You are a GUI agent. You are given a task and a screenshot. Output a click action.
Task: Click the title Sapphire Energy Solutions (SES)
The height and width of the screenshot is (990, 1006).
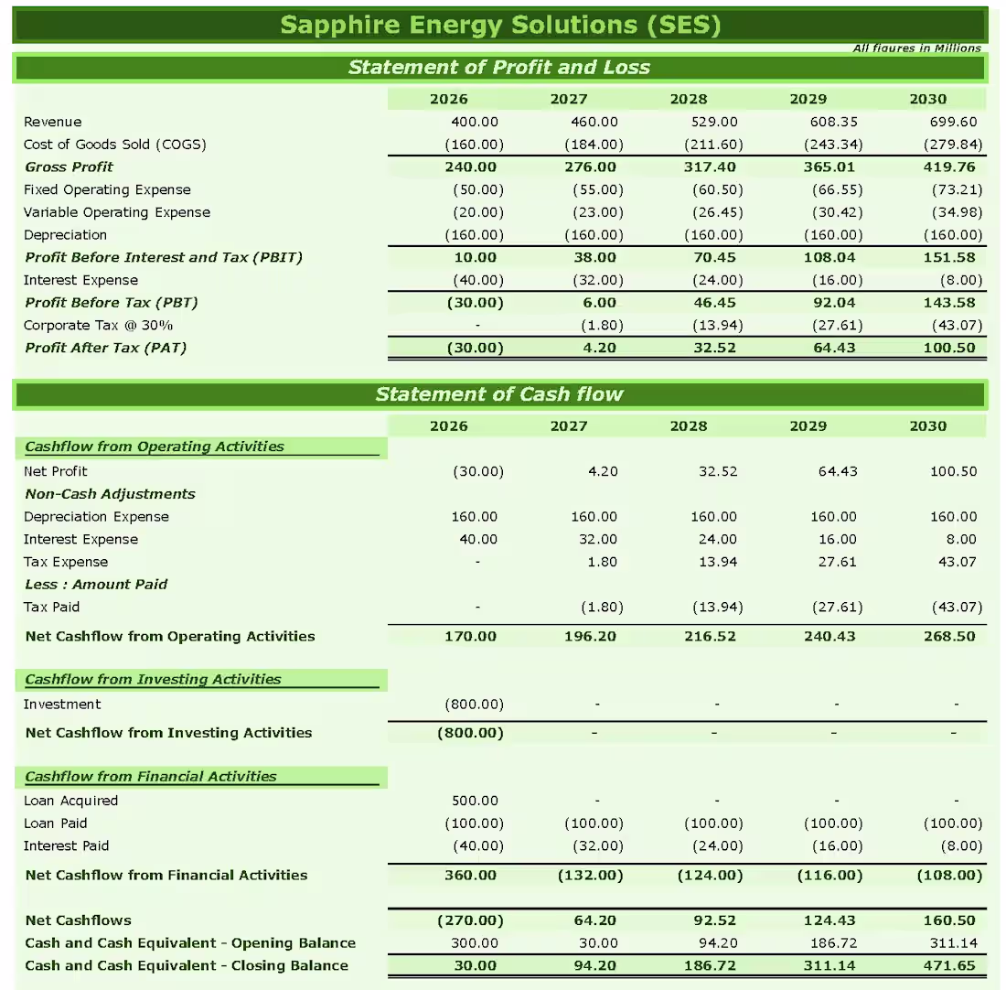pyautogui.click(x=500, y=24)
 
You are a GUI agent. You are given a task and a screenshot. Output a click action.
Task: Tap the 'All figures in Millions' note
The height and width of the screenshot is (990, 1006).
pyautogui.click(x=916, y=48)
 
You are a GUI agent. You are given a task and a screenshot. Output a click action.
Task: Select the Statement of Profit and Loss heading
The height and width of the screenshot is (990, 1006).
pyautogui.click(x=499, y=68)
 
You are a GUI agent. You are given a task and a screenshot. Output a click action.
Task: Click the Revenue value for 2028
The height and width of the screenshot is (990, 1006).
pyautogui.click(x=713, y=122)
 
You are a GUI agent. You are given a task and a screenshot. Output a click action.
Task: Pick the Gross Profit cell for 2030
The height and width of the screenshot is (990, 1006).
pyautogui.click(x=949, y=167)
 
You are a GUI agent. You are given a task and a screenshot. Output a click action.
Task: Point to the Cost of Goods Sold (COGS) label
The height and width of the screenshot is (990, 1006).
pyautogui.click(x=114, y=145)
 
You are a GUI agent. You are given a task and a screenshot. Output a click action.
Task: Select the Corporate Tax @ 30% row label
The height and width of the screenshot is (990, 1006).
pyautogui.click(x=98, y=325)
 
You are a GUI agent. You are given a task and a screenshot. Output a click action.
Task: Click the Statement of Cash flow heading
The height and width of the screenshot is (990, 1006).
pyautogui.click(x=499, y=394)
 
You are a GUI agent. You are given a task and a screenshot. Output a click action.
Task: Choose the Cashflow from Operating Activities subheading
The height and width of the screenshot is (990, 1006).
pyautogui.click(x=154, y=447)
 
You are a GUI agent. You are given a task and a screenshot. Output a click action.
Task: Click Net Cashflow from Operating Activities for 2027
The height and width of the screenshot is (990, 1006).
pyautogui.click(x=590, y=636)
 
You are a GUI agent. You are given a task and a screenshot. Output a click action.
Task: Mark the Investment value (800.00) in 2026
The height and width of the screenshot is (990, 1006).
pyautogui.click(x=474, y=704)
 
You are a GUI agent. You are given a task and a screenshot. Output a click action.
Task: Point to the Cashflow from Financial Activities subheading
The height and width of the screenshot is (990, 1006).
pyautogui.click(x=150, y=777)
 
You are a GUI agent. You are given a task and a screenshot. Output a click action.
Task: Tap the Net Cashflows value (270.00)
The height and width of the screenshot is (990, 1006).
pyautogui.click(x=470, y=920)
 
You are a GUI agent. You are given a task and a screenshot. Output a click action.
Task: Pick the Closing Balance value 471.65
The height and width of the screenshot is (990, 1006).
pyautogui.click(x=949, y=965)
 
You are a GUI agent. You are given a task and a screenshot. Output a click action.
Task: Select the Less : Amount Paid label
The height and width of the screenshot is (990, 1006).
pyautogui.click(x=96, y=584)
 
